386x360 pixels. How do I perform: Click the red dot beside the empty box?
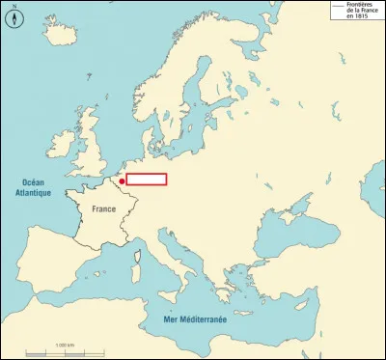(x=123, y=180)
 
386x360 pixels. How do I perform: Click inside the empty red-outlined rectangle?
(x=147, y=179)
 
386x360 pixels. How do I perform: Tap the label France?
(x=103, y=208)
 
